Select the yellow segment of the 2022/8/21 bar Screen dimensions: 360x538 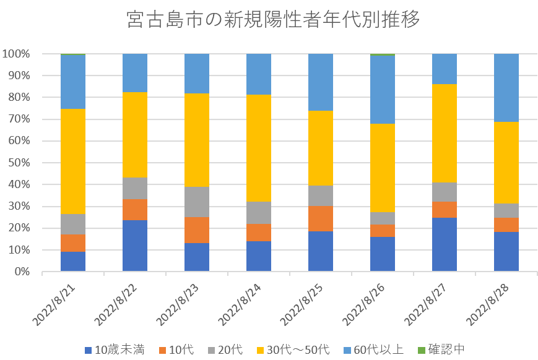73,161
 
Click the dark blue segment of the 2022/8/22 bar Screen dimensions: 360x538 135,246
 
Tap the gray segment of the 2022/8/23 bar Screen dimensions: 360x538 197,202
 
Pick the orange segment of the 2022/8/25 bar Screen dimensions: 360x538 321,218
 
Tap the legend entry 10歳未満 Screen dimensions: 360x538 115,350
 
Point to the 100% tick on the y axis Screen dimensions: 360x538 16,54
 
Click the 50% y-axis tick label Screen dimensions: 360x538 19,163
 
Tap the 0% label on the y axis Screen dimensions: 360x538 21,272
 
